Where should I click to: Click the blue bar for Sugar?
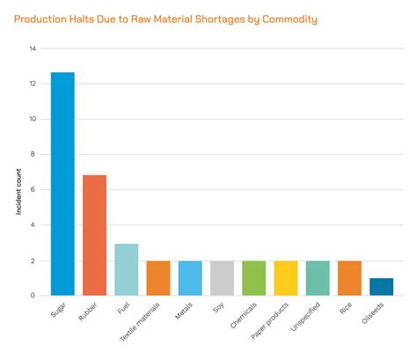click(x=62, y=184)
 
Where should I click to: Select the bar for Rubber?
click(x=94, y=235)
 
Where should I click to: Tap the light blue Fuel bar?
click(x=126, y=269)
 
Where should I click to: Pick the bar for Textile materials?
click(x=158, y=278)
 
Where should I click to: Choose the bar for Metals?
click(x=190, y=278)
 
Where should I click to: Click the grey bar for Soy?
click(x=222, y=278)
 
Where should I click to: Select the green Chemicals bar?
click(x=253, y=278)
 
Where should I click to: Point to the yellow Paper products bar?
click(x=286, y=278)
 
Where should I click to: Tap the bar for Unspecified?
click(x=318, y=278)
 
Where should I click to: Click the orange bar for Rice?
click(x=349, y=278)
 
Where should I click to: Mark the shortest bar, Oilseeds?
click(x=381, y=287)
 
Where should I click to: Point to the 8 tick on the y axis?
click(x=33, y=154)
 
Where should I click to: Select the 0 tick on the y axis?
click(x=33, y=296)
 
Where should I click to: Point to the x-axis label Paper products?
click(x=275, y=322)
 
